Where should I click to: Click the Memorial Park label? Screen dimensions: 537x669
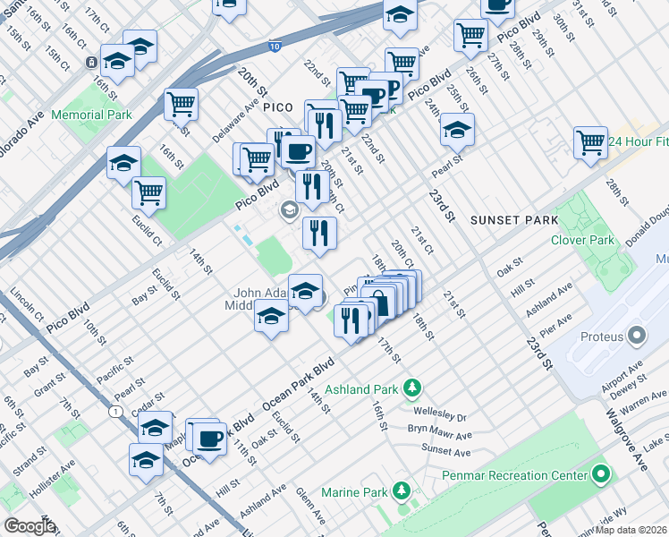point(91,115)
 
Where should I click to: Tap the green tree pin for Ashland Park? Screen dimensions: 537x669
point(412,388)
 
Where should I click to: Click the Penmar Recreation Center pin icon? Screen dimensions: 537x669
point(602,473)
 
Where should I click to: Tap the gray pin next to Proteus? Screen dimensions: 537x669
point(637,336)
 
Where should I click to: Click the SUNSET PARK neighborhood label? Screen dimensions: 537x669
point(515,220)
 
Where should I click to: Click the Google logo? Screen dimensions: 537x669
point(29,526)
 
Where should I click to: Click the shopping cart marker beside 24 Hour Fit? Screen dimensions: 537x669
point(590,142)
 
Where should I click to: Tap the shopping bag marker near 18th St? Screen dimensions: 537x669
point(379,302)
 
